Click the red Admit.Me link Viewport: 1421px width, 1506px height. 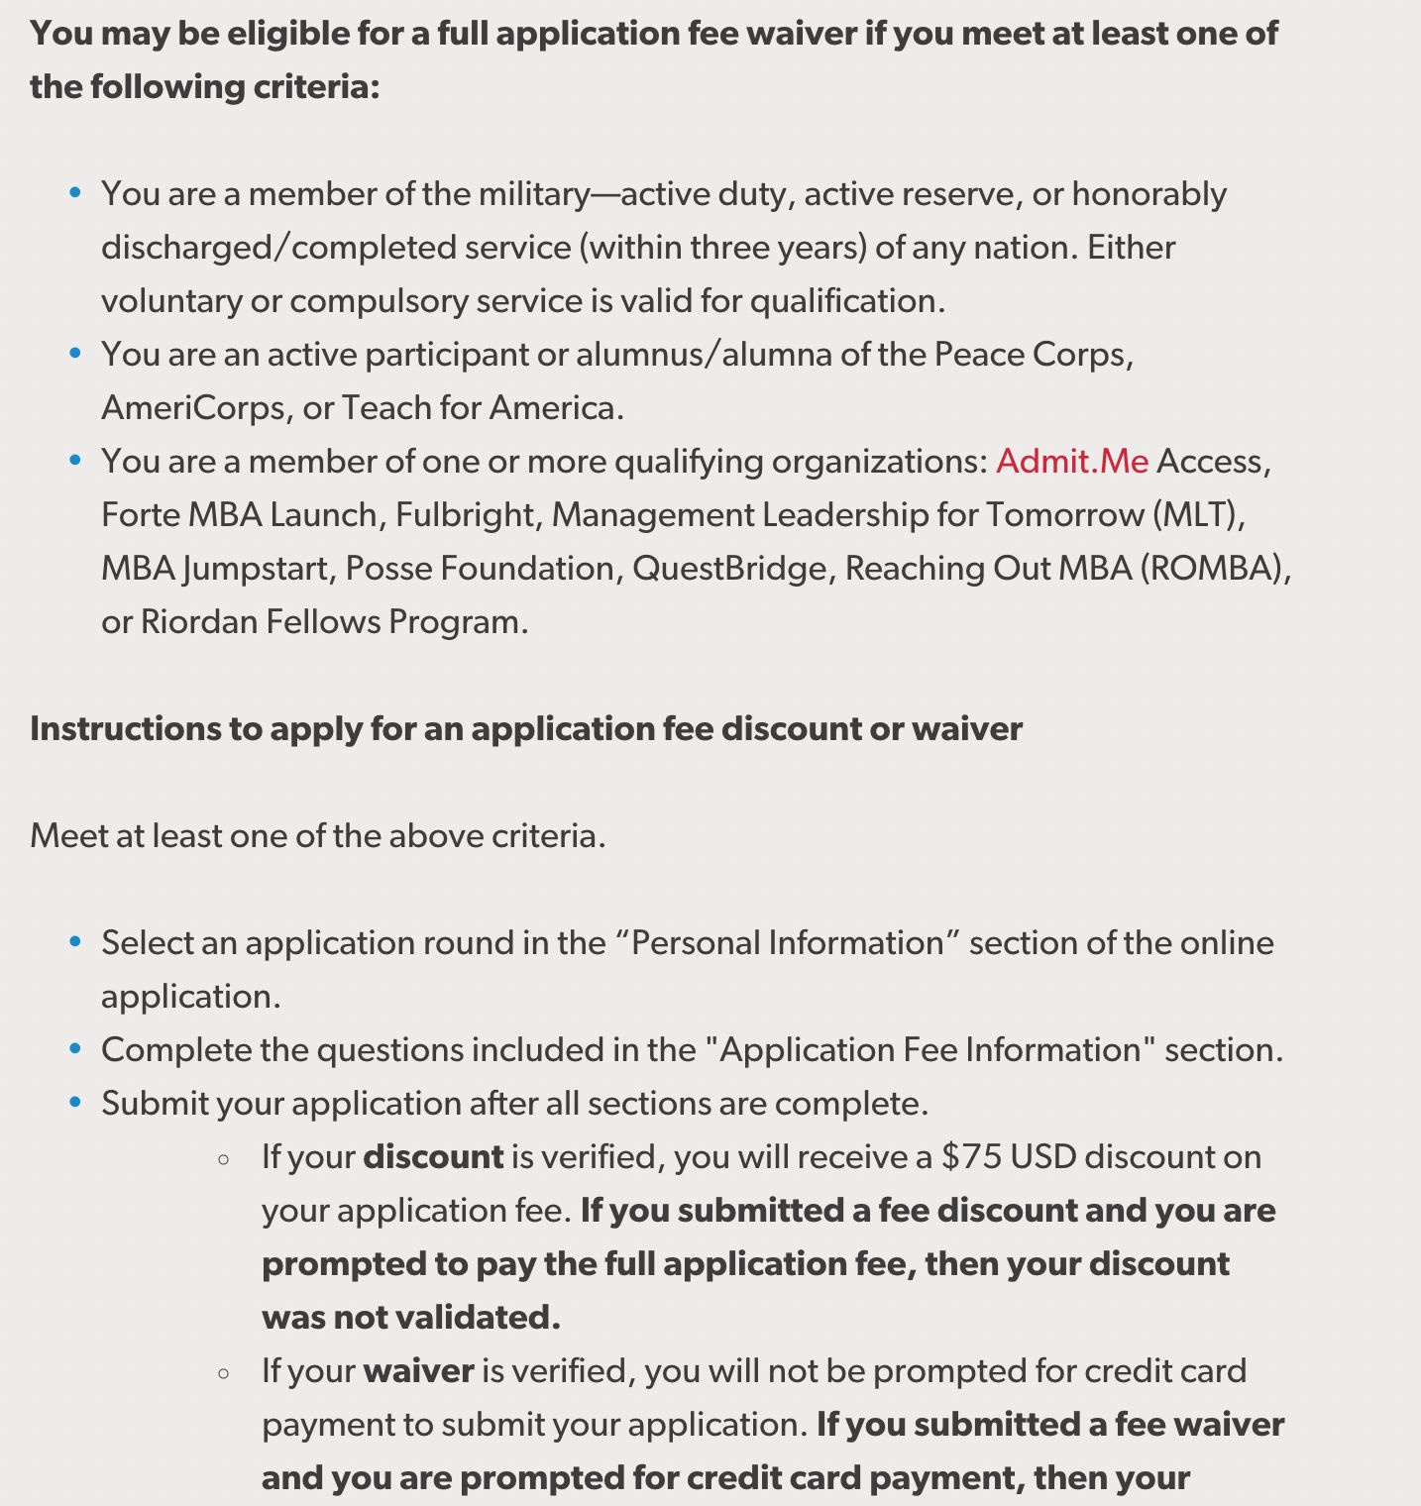click(x=1071, y=462)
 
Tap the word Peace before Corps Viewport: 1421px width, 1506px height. click(x=978, y=355)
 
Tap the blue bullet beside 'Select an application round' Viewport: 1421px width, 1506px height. click(x=75, y=942)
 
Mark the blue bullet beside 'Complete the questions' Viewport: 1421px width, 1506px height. click(x=75, y=1049)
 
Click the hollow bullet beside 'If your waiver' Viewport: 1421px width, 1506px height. click(x=224, y=1372)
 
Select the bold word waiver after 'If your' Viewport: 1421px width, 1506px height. click(x=418, y=1371)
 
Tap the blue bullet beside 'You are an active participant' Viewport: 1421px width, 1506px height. click(x=75, y=354)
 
